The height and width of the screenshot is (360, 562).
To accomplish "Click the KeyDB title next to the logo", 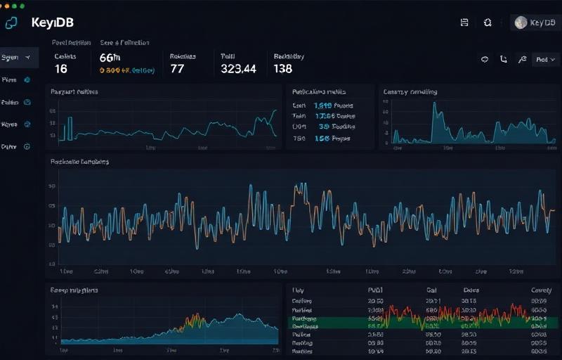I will [53, 22].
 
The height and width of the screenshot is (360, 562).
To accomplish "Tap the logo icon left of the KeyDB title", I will [11, 22].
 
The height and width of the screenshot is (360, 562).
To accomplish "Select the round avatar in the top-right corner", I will [521, 22].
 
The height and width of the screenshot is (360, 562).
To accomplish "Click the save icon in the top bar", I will [464, 22].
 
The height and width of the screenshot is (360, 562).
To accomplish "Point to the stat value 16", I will [60, 69].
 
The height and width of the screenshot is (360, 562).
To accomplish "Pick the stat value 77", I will [177, 69].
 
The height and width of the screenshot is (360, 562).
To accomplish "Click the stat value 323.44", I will [238, 69].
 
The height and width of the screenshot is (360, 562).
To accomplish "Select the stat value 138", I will [282, 69].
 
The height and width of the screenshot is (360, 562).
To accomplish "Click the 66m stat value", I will [110, 58].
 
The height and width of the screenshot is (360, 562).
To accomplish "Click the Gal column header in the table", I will [431, 289].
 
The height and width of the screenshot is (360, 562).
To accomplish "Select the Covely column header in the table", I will [540, 289].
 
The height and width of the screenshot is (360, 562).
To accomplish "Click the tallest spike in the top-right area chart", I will [434, 105].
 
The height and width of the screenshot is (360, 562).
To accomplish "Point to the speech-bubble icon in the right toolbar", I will [484, 60].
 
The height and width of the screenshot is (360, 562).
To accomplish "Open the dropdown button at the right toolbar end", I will [544, 60].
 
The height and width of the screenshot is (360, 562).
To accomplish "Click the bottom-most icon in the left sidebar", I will [27, 147].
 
